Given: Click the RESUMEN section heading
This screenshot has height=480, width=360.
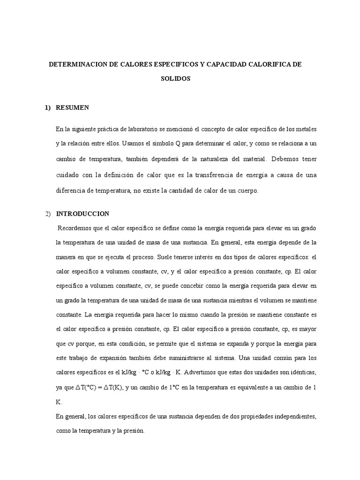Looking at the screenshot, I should pyautogui.click(x=72, y=107).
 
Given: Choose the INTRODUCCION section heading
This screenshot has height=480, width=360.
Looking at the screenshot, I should pyautogui.click(x=82, y=214).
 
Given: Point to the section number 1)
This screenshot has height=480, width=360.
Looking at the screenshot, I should pyautogui.click(x=48, y=107).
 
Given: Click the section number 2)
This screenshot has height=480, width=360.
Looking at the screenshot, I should pyautogui.click(x=48, y=214).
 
